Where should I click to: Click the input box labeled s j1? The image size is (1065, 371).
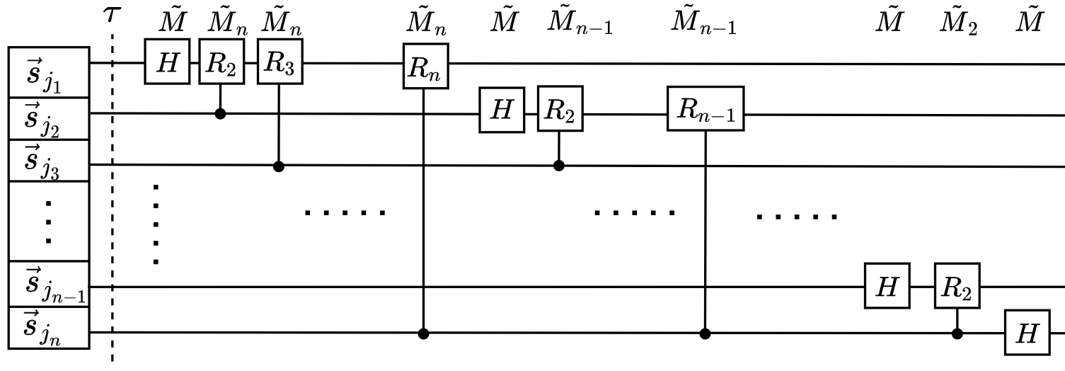pyautogui.click(x=48, y=72)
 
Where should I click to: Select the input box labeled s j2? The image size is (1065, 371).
pyautogui.click(x=48, y=119)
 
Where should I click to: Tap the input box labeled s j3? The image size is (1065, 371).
pyautogui.click(x=48, y=161)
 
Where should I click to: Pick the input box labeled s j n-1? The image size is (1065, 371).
pyautogui.click(x=48, y=284)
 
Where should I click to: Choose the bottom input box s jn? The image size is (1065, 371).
pyautogui.click(x=48, y=328)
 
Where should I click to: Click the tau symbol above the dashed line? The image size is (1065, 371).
pyautogui.click(x=112, y=15)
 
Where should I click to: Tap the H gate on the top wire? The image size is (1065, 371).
pyautogui.click(x=168, y=63)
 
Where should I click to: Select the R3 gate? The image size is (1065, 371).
pyautogui.click(x=279, y=63)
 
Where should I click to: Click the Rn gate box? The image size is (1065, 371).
pyautogui.click(x=426, y=66)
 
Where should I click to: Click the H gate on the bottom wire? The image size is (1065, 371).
pyautogui.click(x=1027, y=333)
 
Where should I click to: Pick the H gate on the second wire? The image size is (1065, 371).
pyautogui.click(x=502, y=110)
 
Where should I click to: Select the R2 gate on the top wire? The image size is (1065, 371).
pyautogui.click(x=221, y=63)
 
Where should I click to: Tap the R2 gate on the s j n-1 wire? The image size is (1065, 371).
pyautogui.click(x=957, y=285)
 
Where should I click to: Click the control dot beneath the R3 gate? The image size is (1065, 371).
pyautogui.click(x=279, y=166)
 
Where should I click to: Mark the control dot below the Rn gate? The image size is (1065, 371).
pyautogui.click(x=424, y=333)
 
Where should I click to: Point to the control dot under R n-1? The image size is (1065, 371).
pyautogui.click(x=705, y=333)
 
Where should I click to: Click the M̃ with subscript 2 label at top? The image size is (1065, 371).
pyautogui.click(x=959, y=24)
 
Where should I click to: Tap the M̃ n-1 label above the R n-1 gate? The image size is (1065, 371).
pyautogui.click(x=703, y=24)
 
